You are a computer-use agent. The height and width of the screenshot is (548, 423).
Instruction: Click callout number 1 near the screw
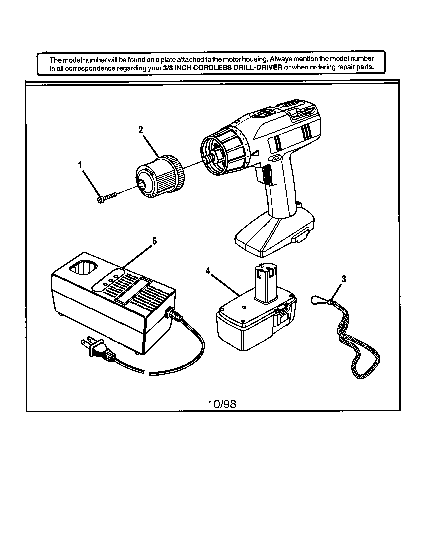click(x=80, y=165)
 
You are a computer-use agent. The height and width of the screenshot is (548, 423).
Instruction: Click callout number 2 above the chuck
click(x=141, y=130)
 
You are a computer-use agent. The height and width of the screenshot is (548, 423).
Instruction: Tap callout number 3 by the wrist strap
click(x=344, y=279)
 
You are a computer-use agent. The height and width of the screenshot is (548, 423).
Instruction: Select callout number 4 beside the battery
click(x=208, y=271)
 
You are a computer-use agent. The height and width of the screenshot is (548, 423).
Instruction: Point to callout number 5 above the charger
click(x=154, y=241)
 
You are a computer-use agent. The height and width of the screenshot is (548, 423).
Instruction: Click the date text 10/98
click(x=222, y=404)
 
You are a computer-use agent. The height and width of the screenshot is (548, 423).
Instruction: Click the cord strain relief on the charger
click(x=174, y=315)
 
